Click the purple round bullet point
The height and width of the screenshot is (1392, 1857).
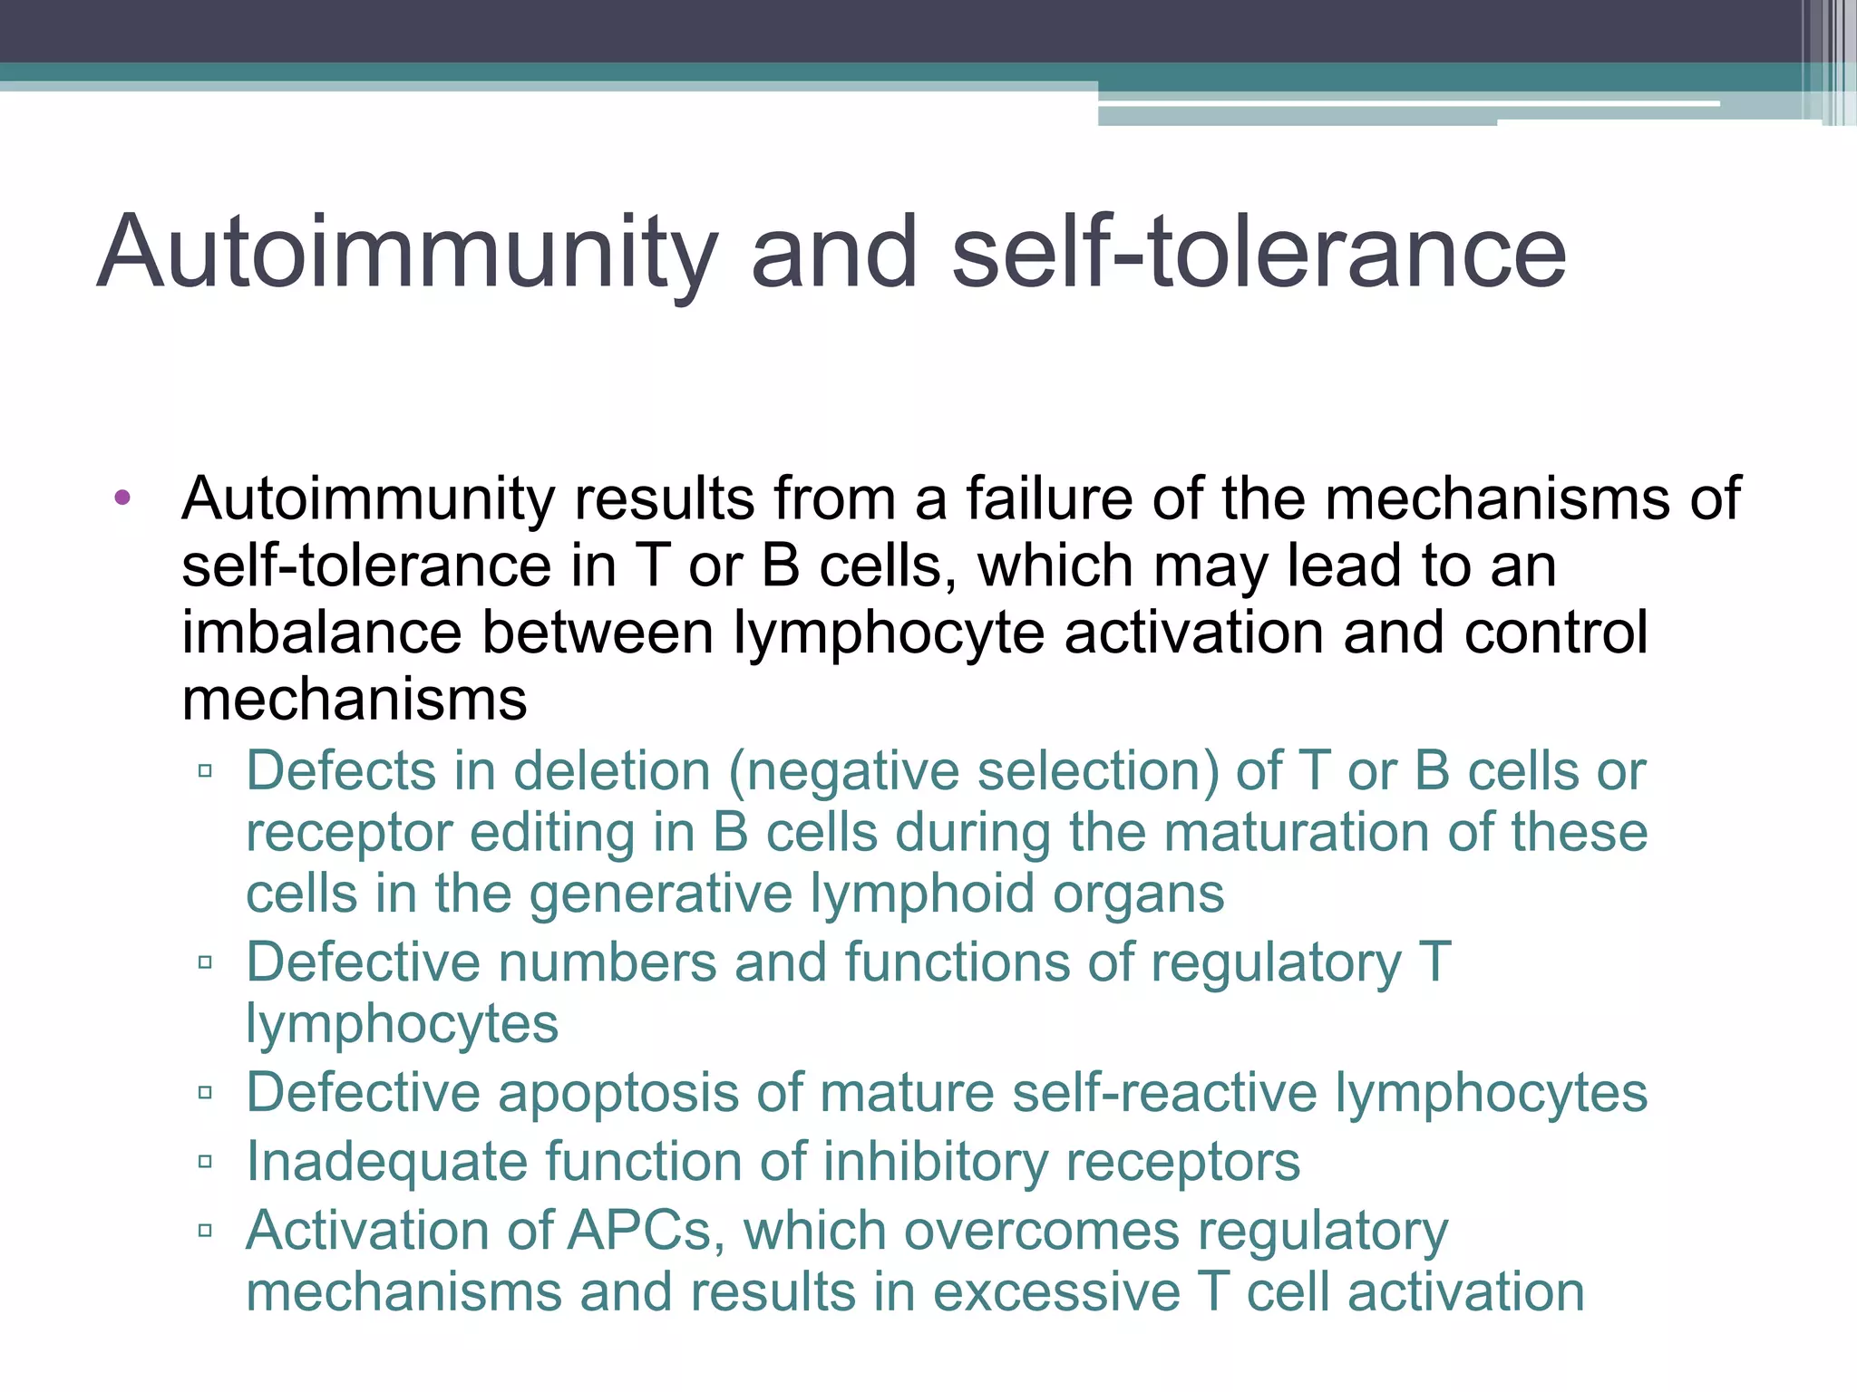point(123,497)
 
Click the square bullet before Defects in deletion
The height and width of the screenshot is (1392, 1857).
point(205,771)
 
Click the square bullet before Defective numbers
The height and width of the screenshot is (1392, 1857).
point(205,962)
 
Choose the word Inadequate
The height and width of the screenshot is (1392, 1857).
point(386,1163)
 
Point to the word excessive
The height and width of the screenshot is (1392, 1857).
point(1056,1292)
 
